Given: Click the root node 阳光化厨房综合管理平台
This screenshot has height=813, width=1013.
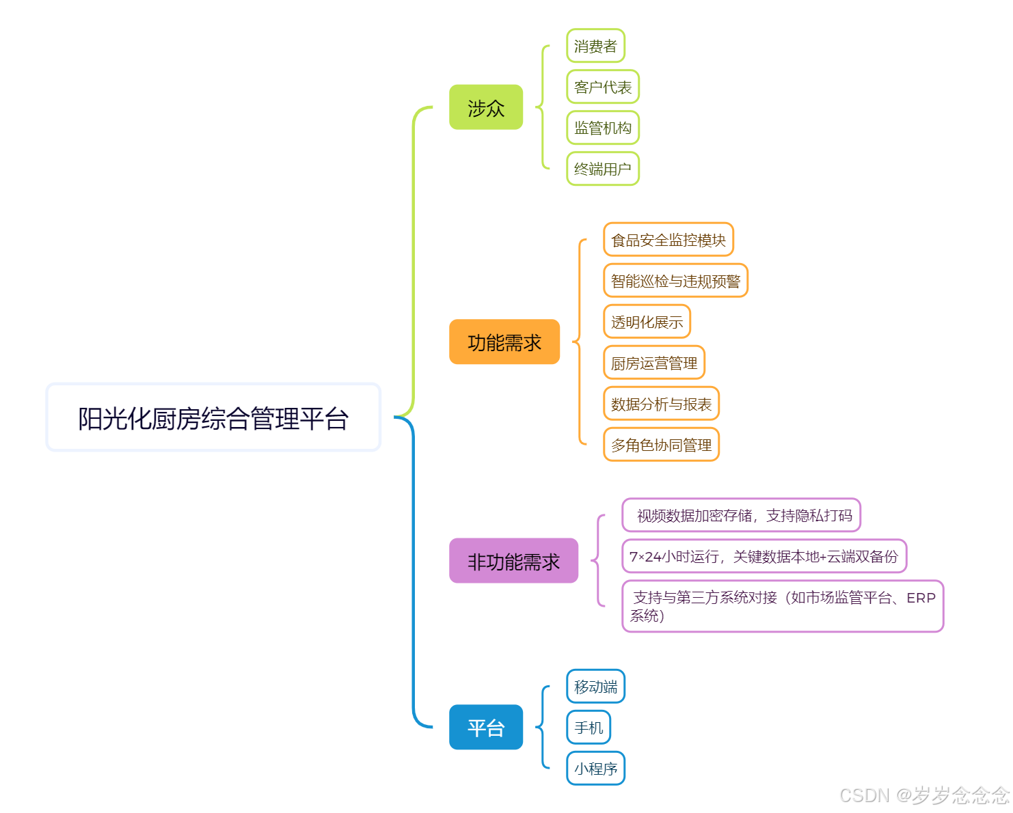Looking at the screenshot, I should [213, 417].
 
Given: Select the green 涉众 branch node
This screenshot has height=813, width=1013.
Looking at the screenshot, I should [485, 107].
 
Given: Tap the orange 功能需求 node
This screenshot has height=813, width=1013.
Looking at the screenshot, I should [504, 342].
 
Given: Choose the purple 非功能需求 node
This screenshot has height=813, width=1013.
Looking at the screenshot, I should [513, 561].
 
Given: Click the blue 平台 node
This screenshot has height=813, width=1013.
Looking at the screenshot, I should [485, 728].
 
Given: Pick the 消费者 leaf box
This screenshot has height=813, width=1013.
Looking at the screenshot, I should [595, 46].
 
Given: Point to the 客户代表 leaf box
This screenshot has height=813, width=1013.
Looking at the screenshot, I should [602, 87].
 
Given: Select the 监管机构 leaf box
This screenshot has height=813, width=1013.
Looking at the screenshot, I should [602, 128].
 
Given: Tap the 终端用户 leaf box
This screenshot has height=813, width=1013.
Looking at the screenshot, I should [602, 169].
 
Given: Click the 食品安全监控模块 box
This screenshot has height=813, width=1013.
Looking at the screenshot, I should [668, 240].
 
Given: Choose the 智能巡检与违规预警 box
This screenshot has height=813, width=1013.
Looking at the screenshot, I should [675, 281].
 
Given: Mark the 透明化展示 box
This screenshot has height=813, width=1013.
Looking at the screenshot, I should [647, 322].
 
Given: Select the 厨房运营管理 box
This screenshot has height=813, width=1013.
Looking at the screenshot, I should [653, 363].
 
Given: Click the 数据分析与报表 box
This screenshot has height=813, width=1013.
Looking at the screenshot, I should [661, 404].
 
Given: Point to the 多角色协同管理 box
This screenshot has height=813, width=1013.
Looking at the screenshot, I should [661, 445].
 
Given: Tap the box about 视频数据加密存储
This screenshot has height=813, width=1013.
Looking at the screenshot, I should [741, 515].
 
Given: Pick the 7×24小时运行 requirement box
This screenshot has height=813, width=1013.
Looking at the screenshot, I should [764, 556].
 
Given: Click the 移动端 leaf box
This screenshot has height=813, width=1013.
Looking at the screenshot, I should [595, 687].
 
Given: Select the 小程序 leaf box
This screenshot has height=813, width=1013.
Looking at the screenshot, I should [595, 769].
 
